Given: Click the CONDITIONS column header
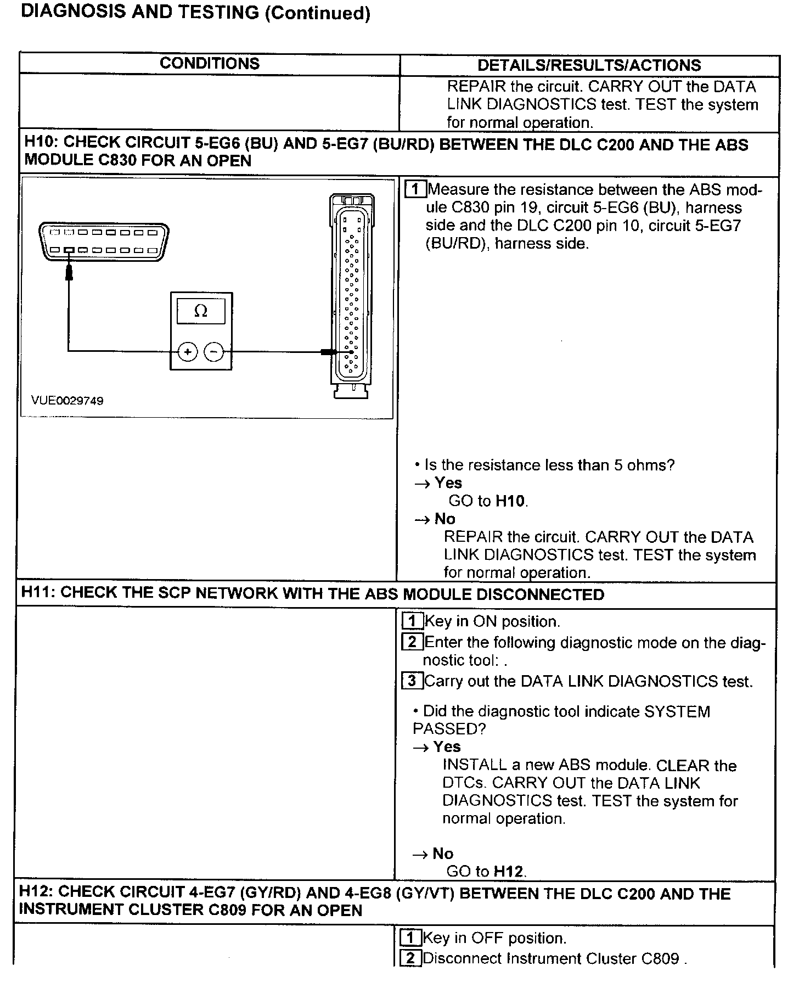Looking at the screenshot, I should [210, 64].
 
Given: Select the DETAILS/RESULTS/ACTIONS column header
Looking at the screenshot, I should [589, 65].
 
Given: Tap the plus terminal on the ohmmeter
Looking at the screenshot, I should [188, 352].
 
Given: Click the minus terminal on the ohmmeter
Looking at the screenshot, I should [214, 352].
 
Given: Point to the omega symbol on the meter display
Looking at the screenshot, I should [201, 311].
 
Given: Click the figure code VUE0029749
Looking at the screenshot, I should [67, 401].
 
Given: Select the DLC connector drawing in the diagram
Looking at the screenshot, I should [104, 242].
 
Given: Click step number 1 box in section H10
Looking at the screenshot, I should [415, 189].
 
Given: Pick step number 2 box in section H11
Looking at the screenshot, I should [412, 642].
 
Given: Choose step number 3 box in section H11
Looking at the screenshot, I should [412, 681].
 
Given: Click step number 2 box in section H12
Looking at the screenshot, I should [410, 958].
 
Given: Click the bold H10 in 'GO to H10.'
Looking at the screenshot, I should [510, 501].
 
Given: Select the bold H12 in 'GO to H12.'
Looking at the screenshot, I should [508, 871].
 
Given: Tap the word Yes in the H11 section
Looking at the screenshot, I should [447, 746].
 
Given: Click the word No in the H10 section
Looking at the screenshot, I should [444, 519].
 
